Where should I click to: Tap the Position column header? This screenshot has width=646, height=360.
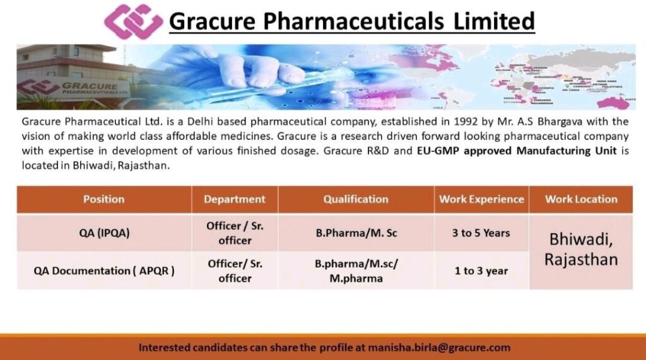click(x=104, y=199)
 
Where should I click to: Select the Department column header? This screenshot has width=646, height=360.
click(x=235, y=199)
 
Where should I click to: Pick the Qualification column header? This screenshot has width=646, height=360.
click(x=356, y=199)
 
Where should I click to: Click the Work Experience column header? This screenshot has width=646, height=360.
click(x=481, y=199)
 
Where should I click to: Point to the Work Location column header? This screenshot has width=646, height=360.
click(x=581, y=199)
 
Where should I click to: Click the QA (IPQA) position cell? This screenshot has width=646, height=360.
click(x=104, y=233)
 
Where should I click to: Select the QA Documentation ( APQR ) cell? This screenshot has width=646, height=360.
click(x=104, y=270)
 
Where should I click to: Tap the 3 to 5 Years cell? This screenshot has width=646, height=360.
click(x=481, y=233)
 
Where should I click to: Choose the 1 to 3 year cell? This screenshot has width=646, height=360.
click(x=481, y=270)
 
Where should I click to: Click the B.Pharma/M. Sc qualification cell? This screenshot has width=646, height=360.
click(x=356, y=233)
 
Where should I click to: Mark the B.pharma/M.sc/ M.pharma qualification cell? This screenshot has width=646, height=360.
click(x=356, y=271)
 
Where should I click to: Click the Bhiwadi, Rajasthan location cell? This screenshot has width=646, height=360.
click(x=581, y=249)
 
